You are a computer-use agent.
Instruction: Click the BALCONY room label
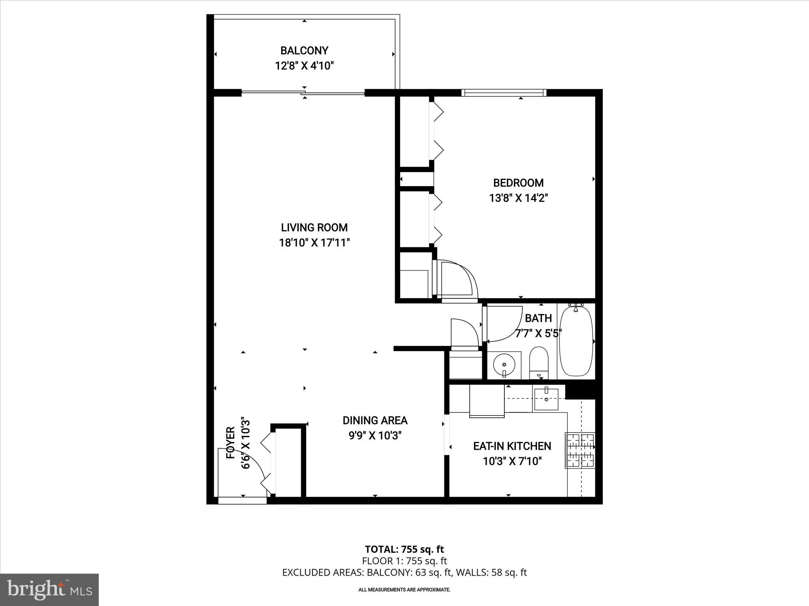coord(304,50)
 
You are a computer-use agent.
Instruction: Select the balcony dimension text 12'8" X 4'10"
coord(304,65)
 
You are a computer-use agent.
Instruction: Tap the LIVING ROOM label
coord(314,227)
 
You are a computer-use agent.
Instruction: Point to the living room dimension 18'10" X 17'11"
coord(314,243)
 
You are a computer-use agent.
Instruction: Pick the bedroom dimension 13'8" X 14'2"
coord(518,198)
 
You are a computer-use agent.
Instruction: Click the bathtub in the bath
coord(577,341)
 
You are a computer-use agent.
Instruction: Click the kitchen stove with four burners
coord(580,450)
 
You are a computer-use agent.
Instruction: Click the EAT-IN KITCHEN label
coord(512,446)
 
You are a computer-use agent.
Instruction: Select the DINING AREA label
coord(375,421)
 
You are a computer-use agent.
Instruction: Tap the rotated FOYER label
coord(231,442)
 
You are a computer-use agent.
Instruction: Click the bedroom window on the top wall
coord(504,93)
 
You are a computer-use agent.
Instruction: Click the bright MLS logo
coord(49,589)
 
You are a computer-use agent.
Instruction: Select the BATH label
coord(538,318)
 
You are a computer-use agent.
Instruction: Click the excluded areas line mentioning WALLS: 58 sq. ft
coord(404,572)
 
